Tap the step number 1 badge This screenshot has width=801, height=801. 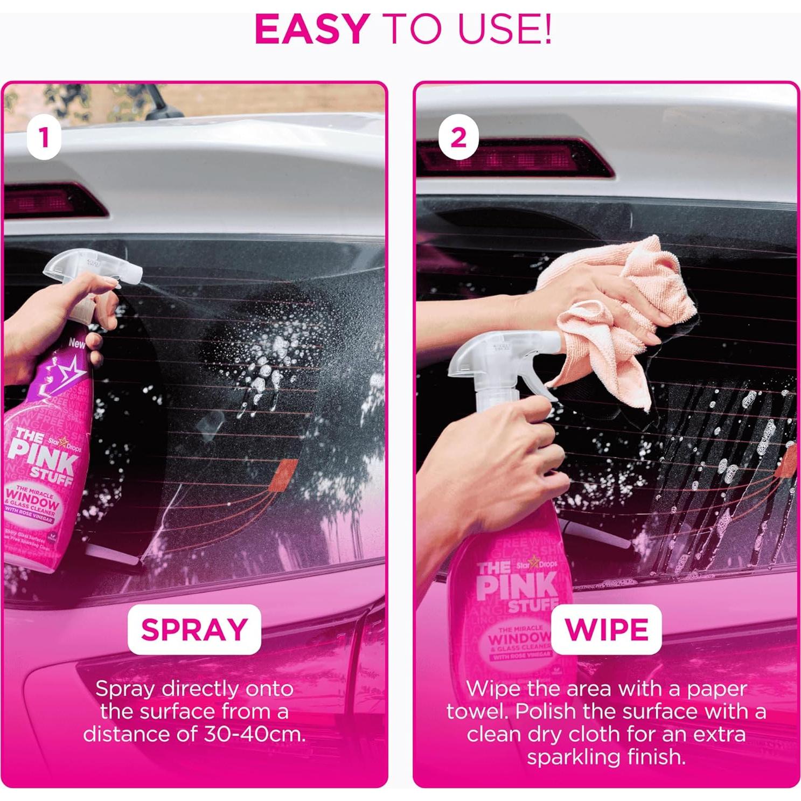point(44,138)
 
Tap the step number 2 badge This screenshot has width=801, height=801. point(458,138)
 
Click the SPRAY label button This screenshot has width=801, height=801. point(194,629)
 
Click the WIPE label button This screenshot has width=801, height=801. point(607,629)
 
